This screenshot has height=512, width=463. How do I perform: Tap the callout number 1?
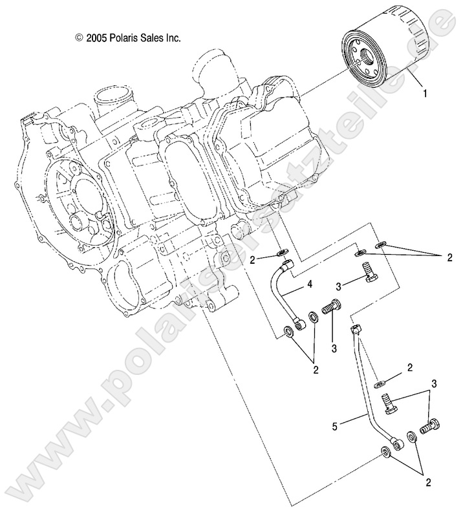click(x=424, y=94)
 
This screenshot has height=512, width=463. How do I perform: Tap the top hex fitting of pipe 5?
click(x=355, y=330)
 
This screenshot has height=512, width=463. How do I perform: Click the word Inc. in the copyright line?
click(x=170, y=38)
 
